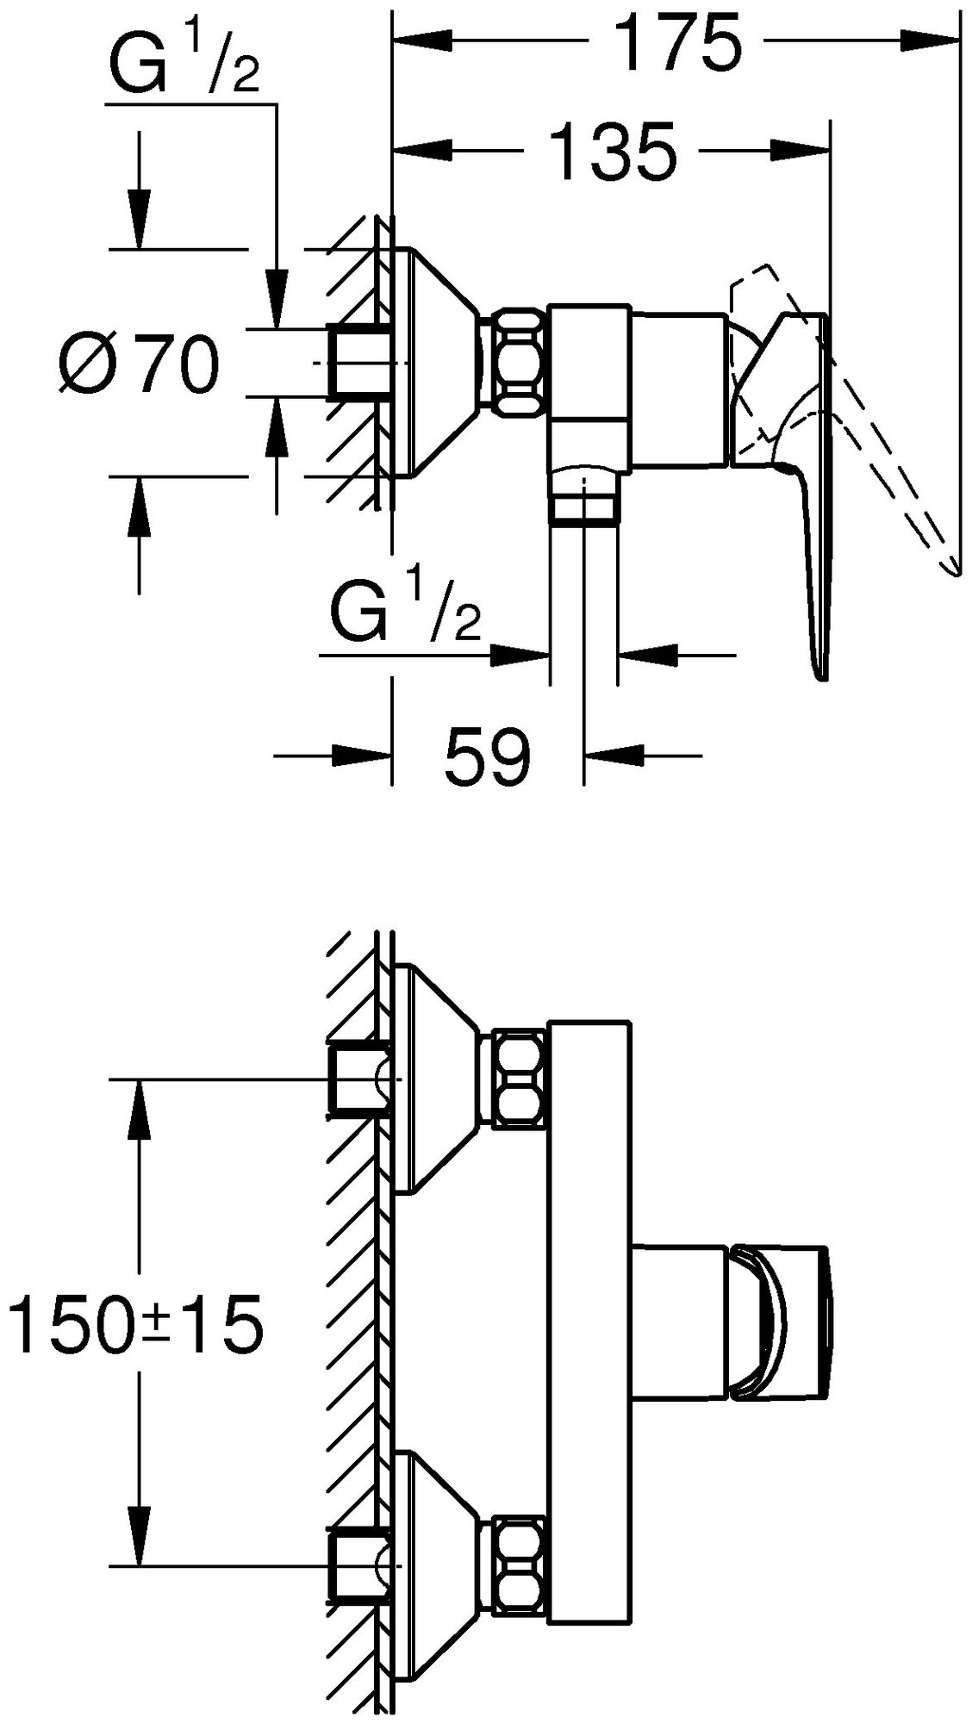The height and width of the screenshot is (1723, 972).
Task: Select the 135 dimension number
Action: [613, 152]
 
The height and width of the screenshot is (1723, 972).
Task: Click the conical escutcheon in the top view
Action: [435, 363]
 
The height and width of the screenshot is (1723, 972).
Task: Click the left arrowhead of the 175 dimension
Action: [409, 41]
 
